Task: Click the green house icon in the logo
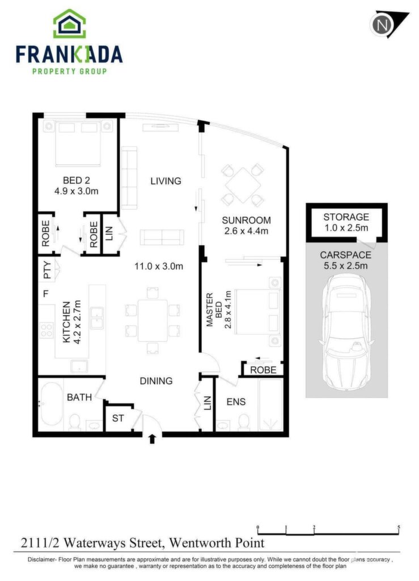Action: tap(70, 24)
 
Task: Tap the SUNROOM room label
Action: tap(246, 220)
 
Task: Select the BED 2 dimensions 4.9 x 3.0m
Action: tap(76, 191)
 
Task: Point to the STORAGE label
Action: tap(346, 217)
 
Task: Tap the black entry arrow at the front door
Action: tap(152, 439)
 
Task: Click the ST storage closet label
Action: tap(118, 418)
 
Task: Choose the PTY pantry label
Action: tap(47, 271)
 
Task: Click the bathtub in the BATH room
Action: tap(52, 404)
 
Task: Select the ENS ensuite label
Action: tap(236, 402)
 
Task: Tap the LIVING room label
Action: tap(166, 181)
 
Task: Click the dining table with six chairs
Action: tap(153, 320)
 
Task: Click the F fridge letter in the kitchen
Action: tap(46, 294)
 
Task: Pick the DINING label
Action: tap(156, 381)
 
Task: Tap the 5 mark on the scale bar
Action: tap(399, 527)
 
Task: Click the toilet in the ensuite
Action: tap(244, 422)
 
